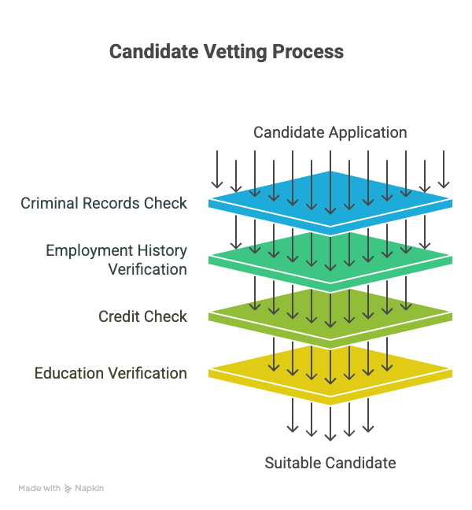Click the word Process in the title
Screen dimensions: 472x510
308,52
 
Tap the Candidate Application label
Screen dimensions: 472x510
330,133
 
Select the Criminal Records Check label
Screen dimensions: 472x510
104,203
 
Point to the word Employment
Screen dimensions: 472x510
90,251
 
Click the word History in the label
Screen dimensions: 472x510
162,251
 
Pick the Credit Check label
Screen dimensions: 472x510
142,316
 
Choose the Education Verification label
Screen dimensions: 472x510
111,373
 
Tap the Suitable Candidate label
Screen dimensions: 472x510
330,463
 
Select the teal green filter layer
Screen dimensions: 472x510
330,261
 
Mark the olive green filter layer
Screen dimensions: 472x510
330,317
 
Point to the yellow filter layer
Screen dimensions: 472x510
330,374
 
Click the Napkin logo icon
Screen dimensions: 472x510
68,489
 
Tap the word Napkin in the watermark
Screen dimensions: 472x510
90,489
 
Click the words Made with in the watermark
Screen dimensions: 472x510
39,488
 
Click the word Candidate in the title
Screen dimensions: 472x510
153,52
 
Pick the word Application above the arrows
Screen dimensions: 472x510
368,133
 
